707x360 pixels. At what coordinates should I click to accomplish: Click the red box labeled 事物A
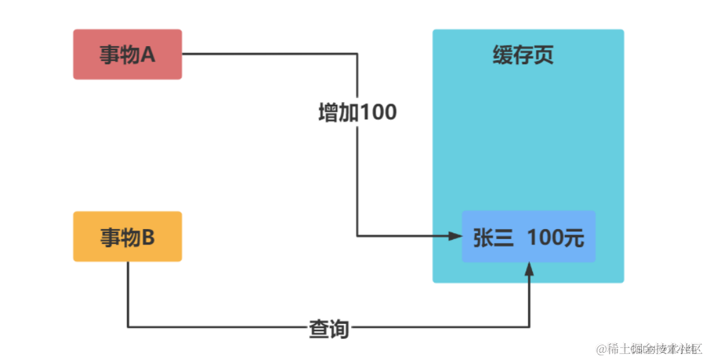(x=127, y=54)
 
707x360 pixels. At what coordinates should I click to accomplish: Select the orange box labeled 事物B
(x=127, y=236)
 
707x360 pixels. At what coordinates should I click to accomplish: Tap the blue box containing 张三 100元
(x=528, y=236)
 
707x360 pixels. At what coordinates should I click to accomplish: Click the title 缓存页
(x=523, y=55)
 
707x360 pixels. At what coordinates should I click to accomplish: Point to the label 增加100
(x=357, y=112)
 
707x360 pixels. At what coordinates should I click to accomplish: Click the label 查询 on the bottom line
(x=328, y=328)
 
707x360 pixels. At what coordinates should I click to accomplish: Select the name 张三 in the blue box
(x=493, y=238)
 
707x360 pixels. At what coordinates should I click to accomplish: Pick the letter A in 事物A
(x=148, y=55)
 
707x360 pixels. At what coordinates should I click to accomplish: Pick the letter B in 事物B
(x=148, y=237)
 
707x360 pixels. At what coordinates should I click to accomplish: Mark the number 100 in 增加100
(x=378, y=112)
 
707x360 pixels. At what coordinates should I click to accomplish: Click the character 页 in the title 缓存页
(x=544, y=55)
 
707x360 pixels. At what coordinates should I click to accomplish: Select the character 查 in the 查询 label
(x=318, y=328)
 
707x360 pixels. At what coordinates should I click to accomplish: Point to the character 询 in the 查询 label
(x=339, y=328)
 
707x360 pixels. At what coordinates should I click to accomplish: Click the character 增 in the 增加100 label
(x=328, y=112)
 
